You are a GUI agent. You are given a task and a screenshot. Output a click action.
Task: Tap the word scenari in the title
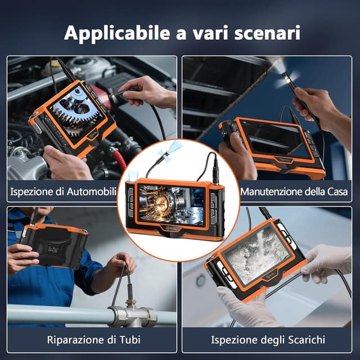click(267, 33)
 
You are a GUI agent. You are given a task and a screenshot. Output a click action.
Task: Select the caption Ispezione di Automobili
click(64, 191)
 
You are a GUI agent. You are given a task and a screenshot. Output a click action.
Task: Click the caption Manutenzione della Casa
click(295, 191)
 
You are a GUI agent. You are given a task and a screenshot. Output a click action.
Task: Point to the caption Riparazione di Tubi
click(94, 340)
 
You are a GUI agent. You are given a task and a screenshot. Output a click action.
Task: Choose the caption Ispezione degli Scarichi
click(268, 340)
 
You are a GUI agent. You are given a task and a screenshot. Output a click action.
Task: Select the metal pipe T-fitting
click(133, 314)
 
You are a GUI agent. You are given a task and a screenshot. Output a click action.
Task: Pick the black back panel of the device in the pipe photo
click(55, 246)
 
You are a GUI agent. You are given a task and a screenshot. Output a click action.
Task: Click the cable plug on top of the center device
click(215, 169)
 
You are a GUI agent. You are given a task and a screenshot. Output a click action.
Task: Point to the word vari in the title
click(211, 33)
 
